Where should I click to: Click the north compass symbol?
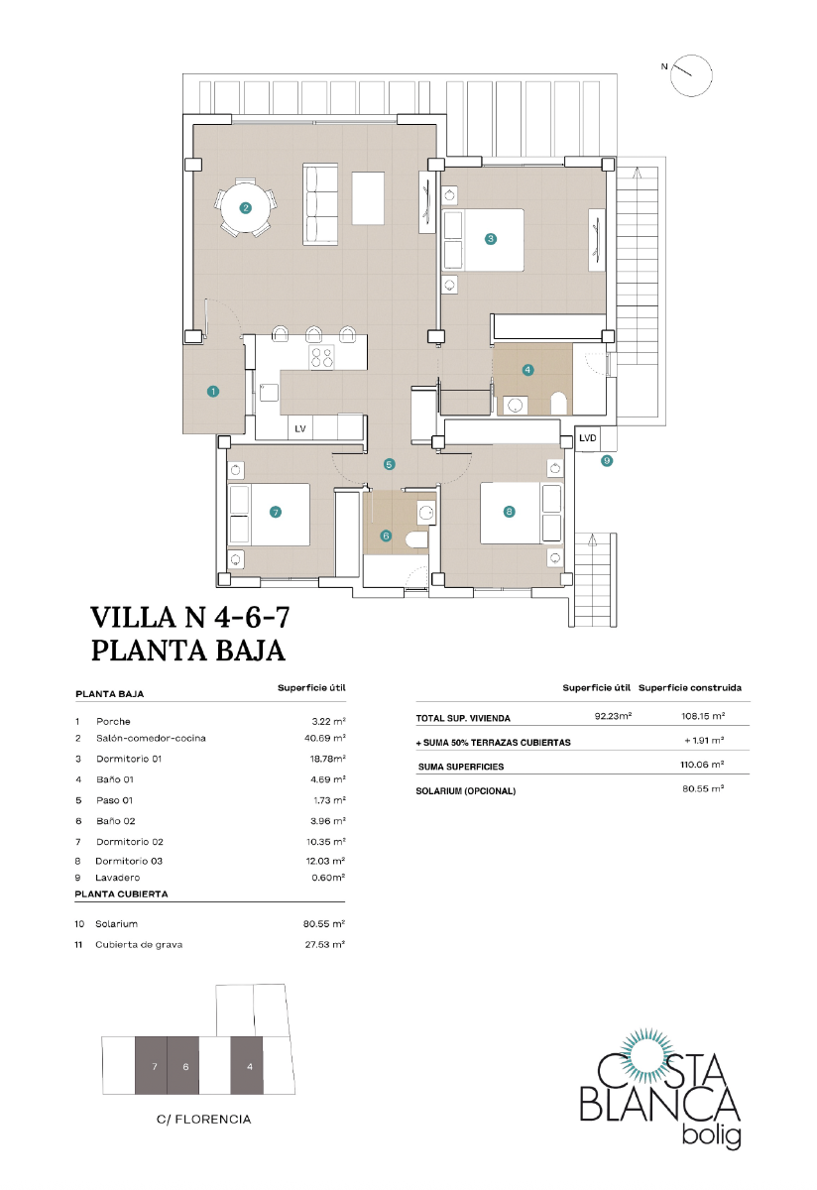[x=691, y=75]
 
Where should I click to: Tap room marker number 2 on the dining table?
[x=245, y=208]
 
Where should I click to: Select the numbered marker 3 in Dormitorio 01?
[x=490, y=238]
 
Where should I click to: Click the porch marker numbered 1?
[x=212, y=392]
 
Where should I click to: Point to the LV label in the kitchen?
[x=299, y=428]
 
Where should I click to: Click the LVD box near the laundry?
[x=588, y=437]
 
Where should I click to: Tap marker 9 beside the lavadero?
[x=607, y=460]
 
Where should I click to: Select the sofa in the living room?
[x=320, y=204]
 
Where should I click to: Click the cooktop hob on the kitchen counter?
[x=322, y=357]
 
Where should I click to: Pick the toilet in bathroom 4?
[x=558, y=403]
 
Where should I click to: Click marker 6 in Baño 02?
[x=387, y=536]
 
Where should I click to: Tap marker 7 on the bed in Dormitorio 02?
[x=276, y=512]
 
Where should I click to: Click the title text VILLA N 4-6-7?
[x=189, y=618]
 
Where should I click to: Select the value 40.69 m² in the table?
[x=325, y=739]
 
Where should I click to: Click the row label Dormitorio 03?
[x=128, y=861]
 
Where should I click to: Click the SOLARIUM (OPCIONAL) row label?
[x=465, y=790]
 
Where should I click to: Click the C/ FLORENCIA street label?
[x=203, y=1119]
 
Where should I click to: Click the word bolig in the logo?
[x=712, y=1136]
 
